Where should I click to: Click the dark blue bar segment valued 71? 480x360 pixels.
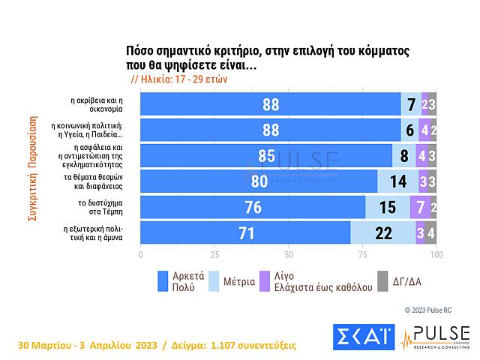pyautogui.click(x=245, y=233)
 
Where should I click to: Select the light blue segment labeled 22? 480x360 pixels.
pyautogui.click(x=383, y=233)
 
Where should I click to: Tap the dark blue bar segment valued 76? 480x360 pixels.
pyautogui.click(x=253, y=208)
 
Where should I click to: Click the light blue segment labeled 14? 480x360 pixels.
pyautogui.click(x=397, y=181)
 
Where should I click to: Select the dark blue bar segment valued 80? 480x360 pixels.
pyautogui.click(x=259, y=181)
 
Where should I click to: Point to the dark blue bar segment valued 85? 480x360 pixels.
pyautogui.click(x=266, y=156)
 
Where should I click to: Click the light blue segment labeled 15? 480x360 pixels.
pyautogui.click(x=387, y=208)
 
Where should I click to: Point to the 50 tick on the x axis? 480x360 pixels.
pyautogui.click(x=288, y=255)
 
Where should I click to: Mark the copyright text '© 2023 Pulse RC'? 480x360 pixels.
pyautogui.click(x=428, y=309)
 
